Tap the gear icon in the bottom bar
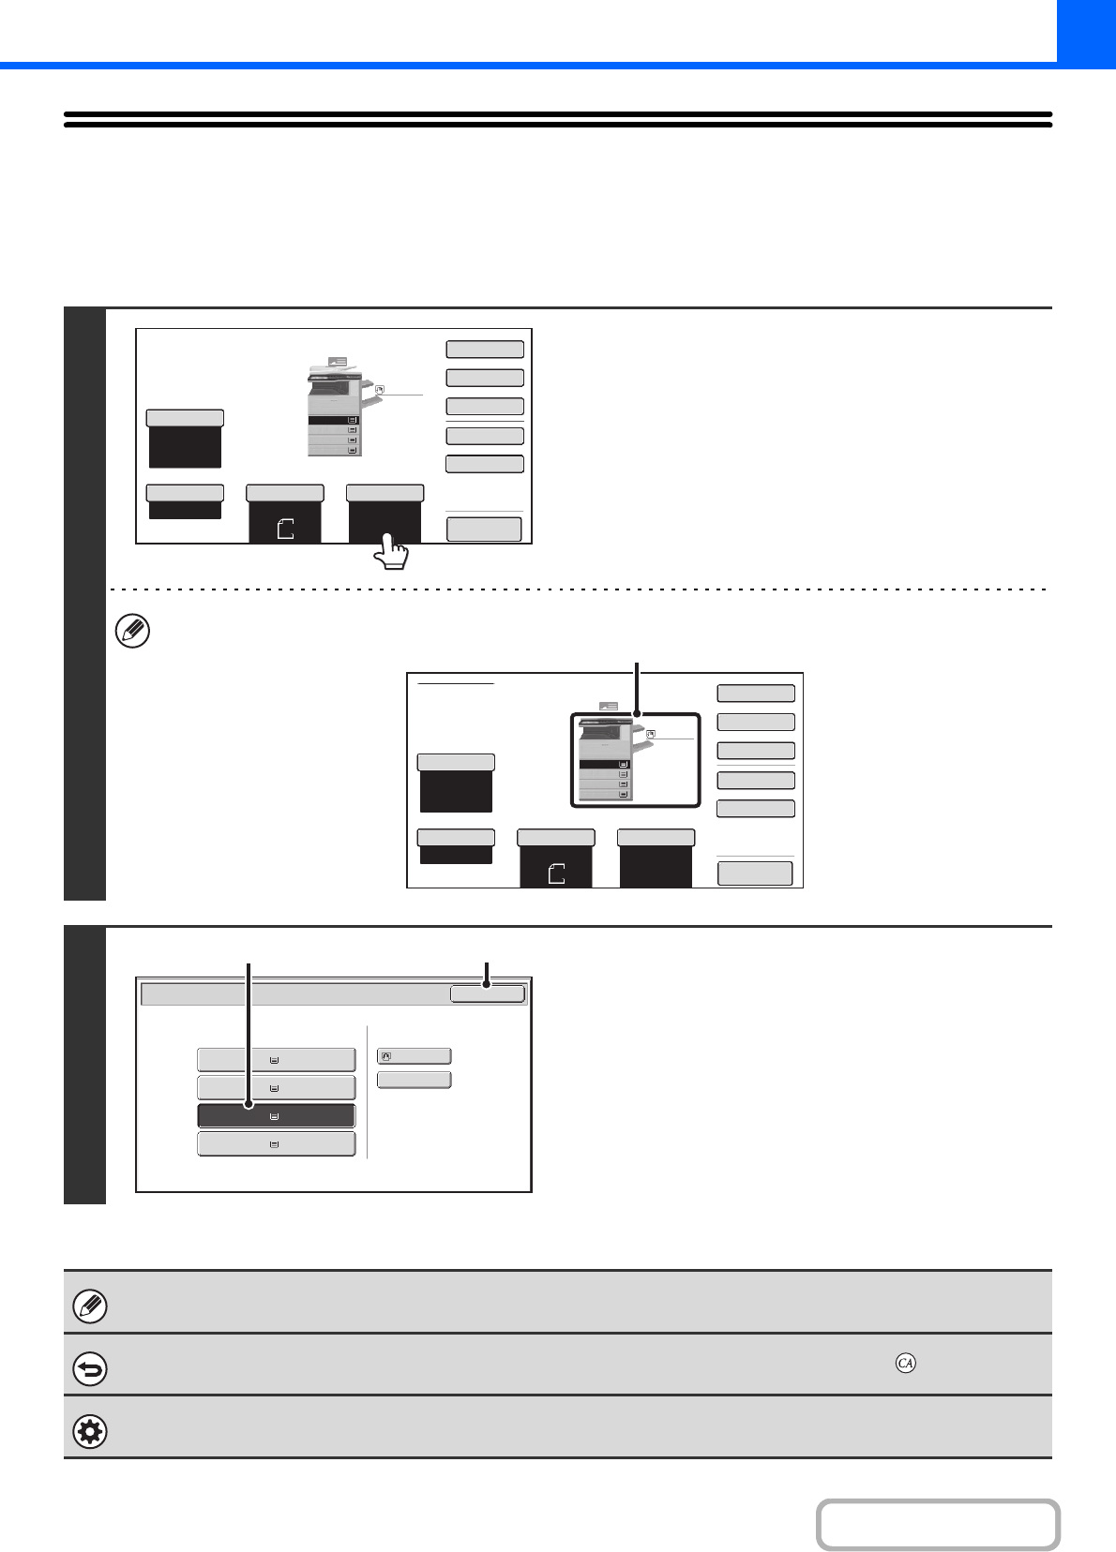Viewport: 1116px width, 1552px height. [x=90, y=1432]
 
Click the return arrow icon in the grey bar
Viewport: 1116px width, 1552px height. [x=90, y=1369]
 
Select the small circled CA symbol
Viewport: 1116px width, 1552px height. [x=905, y=1363]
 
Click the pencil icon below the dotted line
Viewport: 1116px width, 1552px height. [x=131, y=632]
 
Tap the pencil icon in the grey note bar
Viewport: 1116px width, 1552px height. [x=90, y=1306]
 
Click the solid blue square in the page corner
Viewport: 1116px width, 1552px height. [x=1086, y=31]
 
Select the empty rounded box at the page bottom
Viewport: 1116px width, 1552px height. [x=938, y=1525]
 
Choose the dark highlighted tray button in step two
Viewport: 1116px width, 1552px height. [x=276, y=1116]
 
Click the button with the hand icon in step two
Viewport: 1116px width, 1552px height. [x=414, y=1056]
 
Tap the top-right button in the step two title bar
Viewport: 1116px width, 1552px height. [x=487, y=993]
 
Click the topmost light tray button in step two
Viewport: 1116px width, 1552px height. [x=276, y=1060]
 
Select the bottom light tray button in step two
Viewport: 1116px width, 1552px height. [x=276, y=1144]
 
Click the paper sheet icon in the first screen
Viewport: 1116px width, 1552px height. [x=286, y=529]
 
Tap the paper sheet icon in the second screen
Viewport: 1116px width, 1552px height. [x=556, y=873]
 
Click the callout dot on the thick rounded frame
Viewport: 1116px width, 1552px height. [x=637, y=715]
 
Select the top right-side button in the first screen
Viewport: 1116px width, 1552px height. [x=484, y=350]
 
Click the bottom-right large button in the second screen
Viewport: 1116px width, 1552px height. [x=755, y=873]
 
